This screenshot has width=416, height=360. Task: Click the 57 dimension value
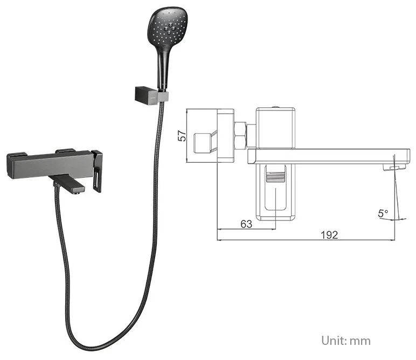click(183, 136)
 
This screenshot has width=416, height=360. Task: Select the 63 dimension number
click(246, 224)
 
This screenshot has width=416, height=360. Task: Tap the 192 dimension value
click(329, 235)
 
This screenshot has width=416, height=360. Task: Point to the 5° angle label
click(383, 213)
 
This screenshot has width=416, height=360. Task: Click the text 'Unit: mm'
click(346, 341)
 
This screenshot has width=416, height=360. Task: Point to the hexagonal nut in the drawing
click(241, 135)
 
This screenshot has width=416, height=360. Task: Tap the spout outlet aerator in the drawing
click(394, 167)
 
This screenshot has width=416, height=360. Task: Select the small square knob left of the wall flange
click(203, 143)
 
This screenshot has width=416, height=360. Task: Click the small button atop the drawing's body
click(276, 107)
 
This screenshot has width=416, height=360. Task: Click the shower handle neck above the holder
click(163, 66)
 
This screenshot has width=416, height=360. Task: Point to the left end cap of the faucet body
click(10, 164)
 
